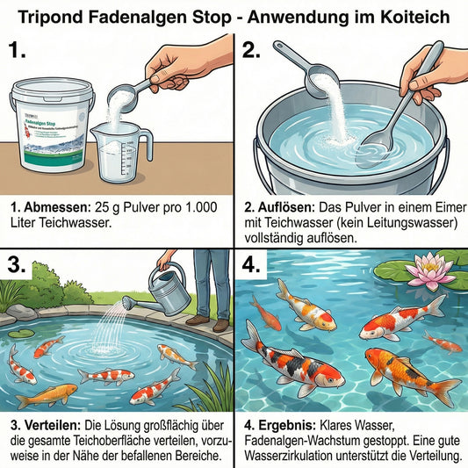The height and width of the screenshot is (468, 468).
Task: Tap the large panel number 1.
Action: pos(18,50)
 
